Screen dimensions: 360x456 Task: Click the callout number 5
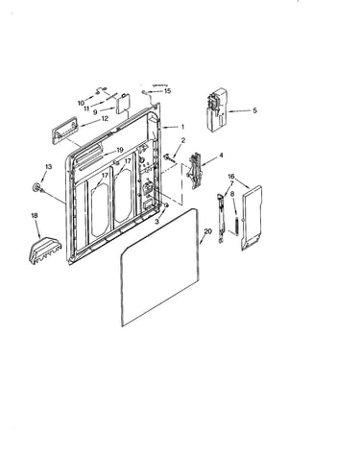coord(254,110)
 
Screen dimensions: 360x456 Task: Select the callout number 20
coord(208,231)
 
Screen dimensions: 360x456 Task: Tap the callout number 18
coord(35,216)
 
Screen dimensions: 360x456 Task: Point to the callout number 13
coord(49,167)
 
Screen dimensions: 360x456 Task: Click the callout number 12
coord(105,118)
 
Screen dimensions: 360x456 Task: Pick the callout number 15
coord(167,91)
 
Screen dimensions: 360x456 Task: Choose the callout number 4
coord(221,156)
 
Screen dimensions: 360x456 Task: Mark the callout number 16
coord(231,177)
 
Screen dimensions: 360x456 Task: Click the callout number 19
coord(120,150)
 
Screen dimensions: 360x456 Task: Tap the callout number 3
coord(156,221)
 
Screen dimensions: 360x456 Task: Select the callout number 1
coord(182,127)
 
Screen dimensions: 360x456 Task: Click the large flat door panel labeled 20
coord(160,268)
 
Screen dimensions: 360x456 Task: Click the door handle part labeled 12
coord(64,130)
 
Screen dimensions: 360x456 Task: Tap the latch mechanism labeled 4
coord(195,172)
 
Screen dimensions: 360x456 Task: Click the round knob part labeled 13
coord(36,187)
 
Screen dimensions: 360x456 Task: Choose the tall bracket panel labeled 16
coord(252,218)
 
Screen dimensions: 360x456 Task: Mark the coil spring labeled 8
coord(236,226)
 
